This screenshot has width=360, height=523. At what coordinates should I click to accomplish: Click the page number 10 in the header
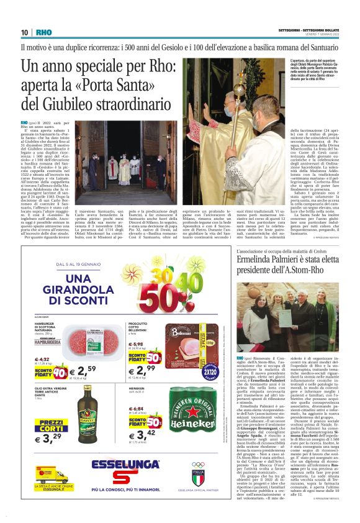[x=24, y=32]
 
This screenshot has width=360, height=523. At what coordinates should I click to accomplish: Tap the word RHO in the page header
[x=43, y=32]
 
